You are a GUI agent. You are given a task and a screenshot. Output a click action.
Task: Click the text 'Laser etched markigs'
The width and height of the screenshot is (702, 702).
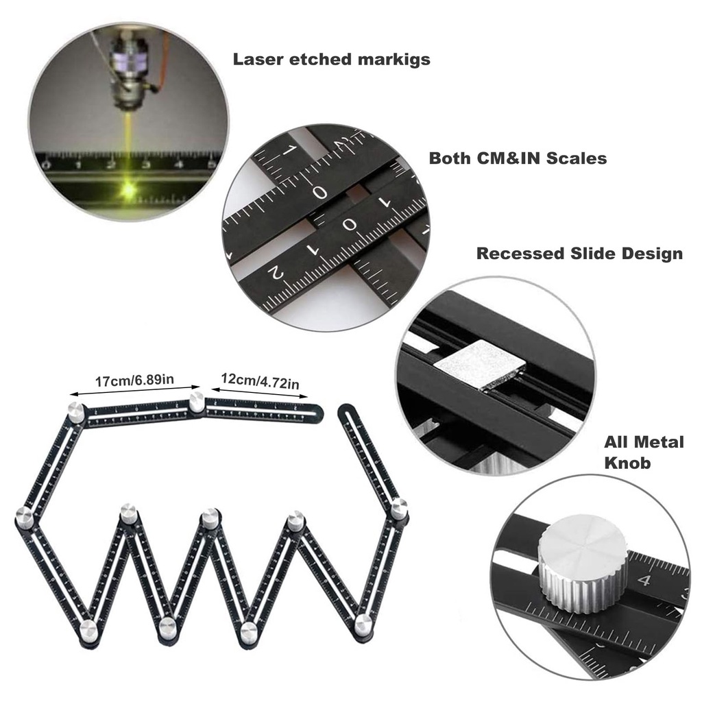pyautogui.click(x=331, y=59)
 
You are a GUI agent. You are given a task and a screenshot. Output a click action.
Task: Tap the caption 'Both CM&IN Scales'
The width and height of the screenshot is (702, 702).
pyautogui.click(x=518, y=158)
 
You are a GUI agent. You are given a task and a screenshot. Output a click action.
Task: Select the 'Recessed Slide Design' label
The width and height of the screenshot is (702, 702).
pyautogui.click(x=579, y=254)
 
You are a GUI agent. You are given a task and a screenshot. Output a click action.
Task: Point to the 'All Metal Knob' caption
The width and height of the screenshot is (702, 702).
pyautogui.click(x=643, y=452)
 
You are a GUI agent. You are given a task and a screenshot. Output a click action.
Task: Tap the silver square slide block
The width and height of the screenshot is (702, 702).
pyautogui.click(x=481, y=365)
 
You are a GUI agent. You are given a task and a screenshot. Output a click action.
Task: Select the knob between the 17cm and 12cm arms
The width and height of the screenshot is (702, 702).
pyautogui.click(x=197, y=402)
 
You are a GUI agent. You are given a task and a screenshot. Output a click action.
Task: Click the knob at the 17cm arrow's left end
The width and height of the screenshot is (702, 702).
pyautogui.click(x=76, y=413)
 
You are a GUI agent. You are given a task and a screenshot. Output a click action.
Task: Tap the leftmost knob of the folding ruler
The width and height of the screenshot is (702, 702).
pyautogui.click(x=24, y=518)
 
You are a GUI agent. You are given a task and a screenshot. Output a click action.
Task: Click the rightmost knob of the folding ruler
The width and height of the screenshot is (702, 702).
pyautogui.click(x=400, y=509)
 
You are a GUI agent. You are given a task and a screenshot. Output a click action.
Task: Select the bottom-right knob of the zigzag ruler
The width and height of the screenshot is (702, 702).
pyautogui.click(x=363, y=625)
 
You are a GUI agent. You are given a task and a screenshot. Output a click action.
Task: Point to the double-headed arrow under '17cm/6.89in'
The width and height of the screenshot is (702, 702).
pyautogui.click(x=135, y=391)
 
